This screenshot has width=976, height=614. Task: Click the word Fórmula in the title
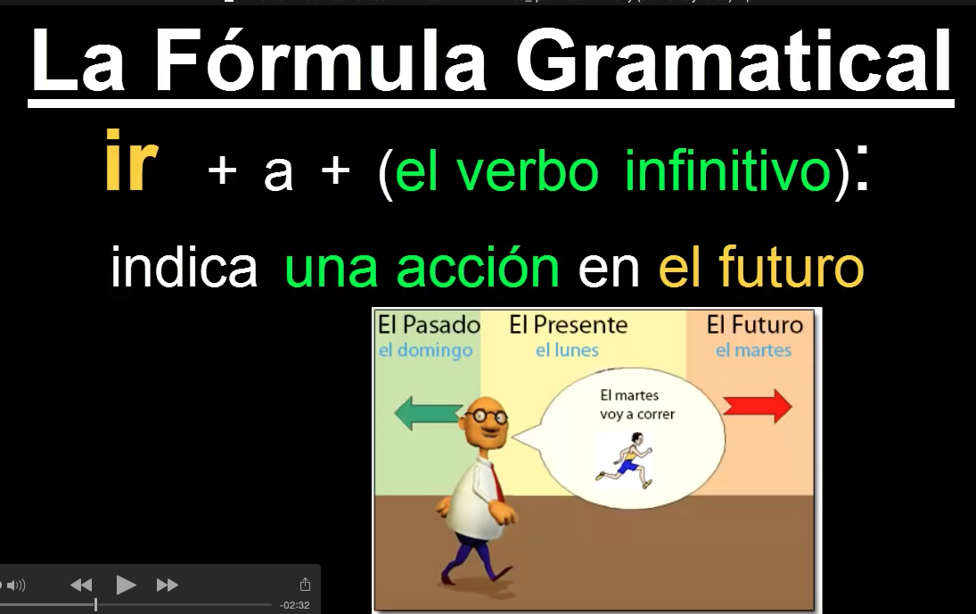pyautogui.click(x=320, y=61)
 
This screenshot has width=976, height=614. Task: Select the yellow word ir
pyautogui.click(x=131, y=161)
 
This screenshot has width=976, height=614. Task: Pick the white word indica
pyautogui.click(x=185, y=266)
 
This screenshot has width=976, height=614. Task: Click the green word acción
pyautogui.click(x=478, y=266)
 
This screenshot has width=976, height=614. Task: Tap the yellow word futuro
pyautogui.click(x=791, y=266)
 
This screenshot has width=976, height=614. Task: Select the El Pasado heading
pyautogui.click(x=429, y=325)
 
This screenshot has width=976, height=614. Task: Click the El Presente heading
pyautogui.click(x=569, y=325)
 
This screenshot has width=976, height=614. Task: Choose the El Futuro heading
pyautogui.click(x=755, y=325)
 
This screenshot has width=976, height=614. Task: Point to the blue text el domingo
pyautogui.click(x=426, y=351)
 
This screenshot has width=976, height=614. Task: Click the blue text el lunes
pyautogui.click(x=567, y=351)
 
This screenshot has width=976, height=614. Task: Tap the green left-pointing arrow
pyautogui.click(x=429, y=412)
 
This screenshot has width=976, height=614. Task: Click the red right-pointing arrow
pyautogui.click(x=758, y=406)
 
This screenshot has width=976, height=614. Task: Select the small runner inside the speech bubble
pyautogui.click(x=625, y=462)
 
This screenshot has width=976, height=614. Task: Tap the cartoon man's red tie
pyautogui.click(x=496, y=481)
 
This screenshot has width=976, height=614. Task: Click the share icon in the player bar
pyautogui.click(x=305, y=584)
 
